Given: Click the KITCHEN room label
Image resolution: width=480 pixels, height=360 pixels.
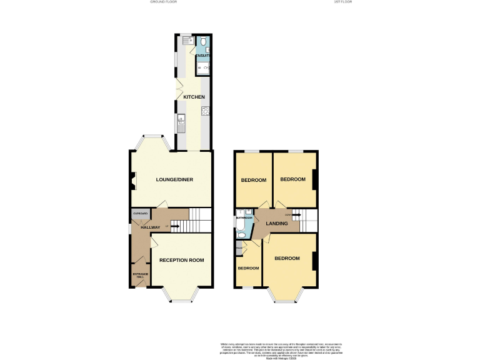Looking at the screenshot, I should coord(194,97).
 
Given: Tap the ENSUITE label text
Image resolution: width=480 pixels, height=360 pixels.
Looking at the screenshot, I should coord(203,57).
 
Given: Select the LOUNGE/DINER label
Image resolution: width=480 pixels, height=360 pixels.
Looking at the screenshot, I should coord(174,180).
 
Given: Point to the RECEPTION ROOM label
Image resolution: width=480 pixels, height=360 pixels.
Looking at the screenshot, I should coord(181,260).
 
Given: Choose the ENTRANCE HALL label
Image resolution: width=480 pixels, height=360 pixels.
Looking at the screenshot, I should coord(139,275).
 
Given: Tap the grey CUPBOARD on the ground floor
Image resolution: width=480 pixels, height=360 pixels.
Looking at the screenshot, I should coord(140,214).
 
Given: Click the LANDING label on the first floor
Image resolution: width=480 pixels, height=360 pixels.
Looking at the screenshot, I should coord(276,223).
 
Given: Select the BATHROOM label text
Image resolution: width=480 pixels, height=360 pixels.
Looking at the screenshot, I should coord(243,218).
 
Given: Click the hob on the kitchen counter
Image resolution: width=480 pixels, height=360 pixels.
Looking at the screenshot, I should coord(205,112).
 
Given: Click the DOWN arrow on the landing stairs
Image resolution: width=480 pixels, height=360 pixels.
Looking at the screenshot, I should coord(295,215).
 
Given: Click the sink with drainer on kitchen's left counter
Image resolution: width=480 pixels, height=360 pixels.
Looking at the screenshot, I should coord(181,123).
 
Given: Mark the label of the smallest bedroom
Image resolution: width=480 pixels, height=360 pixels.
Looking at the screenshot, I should coord(248,268).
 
